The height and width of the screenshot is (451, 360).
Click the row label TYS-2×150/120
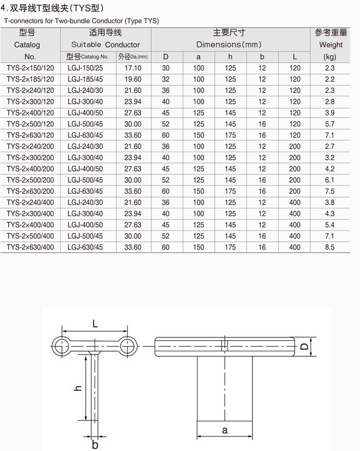coord(30,68)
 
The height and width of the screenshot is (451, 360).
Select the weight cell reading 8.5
coord(330,247)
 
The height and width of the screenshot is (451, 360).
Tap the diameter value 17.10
coord(133,68)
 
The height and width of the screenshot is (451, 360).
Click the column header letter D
coord(166,57)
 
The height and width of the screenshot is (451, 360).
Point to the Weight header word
coord(331,45)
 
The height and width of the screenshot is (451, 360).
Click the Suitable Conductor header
coord(105,45)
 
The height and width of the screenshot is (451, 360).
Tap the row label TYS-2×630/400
coord(30,247)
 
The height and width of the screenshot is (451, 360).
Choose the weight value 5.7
coord(330,124)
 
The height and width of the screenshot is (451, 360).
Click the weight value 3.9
coord(330,113)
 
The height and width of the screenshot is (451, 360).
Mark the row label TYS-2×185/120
coord(30,79)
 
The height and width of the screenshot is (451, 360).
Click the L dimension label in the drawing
coord(95,323)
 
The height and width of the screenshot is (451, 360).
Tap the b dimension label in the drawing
coord(95,444)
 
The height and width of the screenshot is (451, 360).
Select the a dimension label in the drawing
coord(225,430)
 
